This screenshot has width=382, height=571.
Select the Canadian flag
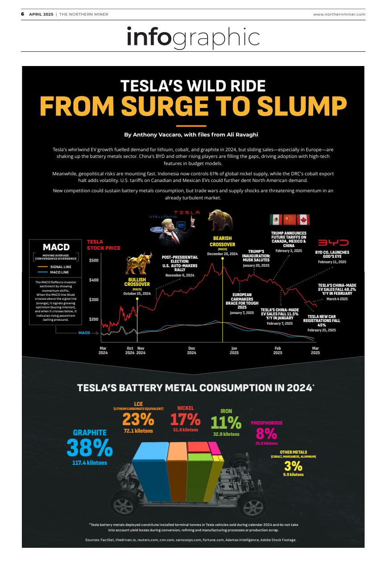tap(303, 219)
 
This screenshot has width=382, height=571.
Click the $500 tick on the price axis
tap(93, 260)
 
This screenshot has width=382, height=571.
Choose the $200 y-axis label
tap(93, 319)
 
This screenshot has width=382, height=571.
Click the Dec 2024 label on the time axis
tap(191, 351)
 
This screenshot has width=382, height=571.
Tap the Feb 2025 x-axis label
tap(278, 351)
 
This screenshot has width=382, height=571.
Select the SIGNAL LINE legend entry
tap(58, 266)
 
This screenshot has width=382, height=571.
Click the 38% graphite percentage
tap(89, 447)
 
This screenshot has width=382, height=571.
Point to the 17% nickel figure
tap(185, 419)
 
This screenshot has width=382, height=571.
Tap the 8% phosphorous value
tap(266, 433)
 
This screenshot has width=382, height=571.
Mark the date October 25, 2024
tap(137, 294)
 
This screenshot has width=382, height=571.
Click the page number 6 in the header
tap(22, 14)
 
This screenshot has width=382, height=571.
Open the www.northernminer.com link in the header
tap(339, 14)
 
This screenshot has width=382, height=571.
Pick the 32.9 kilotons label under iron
tap(226, 434)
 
